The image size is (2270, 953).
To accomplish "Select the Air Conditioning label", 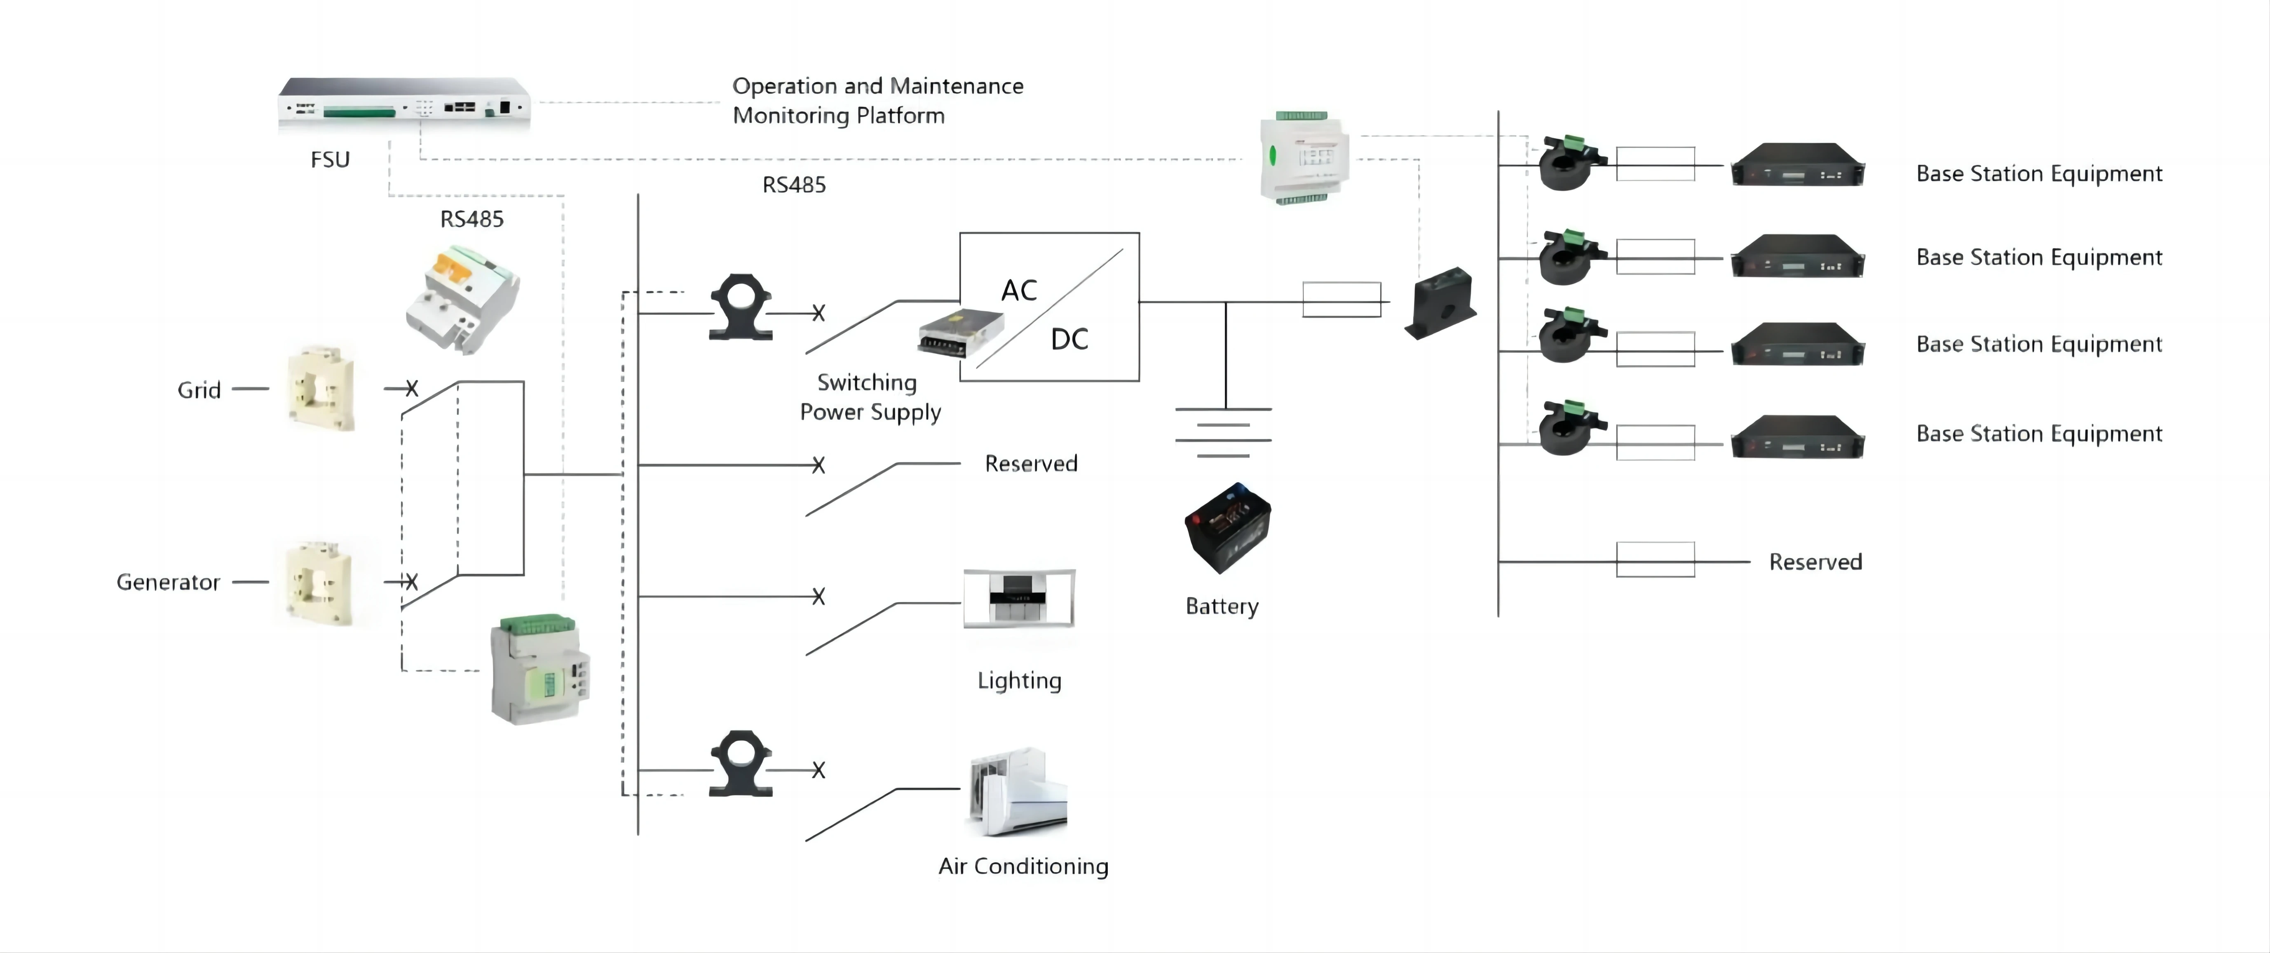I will click(x=1023, y=866).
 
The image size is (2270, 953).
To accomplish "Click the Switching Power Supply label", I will click(x=870, y=397).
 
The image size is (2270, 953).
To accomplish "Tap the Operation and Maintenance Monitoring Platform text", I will click(x=878, y=101).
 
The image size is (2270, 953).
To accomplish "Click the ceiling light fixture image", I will click(x=1019, y=598).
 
